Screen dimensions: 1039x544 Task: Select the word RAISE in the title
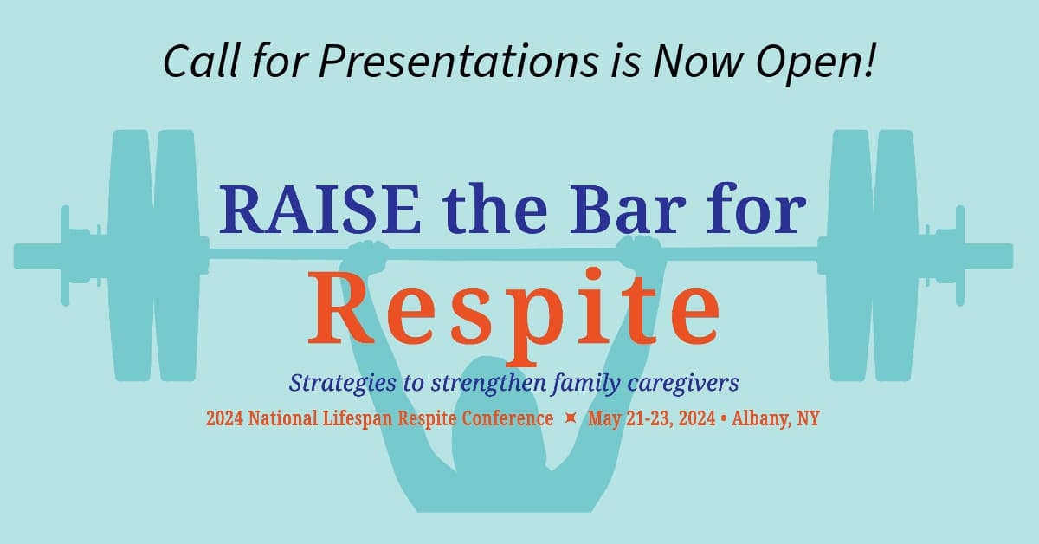coord(320,209)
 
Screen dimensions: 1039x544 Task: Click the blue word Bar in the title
coord(628,209)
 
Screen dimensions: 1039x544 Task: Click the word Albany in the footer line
coord(761,418)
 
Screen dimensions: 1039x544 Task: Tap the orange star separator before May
coord(571,418)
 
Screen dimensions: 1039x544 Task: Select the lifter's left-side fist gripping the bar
coord(367,256)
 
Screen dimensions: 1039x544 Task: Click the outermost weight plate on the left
coord(131,256)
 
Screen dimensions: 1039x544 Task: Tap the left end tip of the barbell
coord(15,256)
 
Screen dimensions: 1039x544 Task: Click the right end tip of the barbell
coord(1012,256)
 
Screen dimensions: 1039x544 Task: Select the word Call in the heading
coord(202,62)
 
